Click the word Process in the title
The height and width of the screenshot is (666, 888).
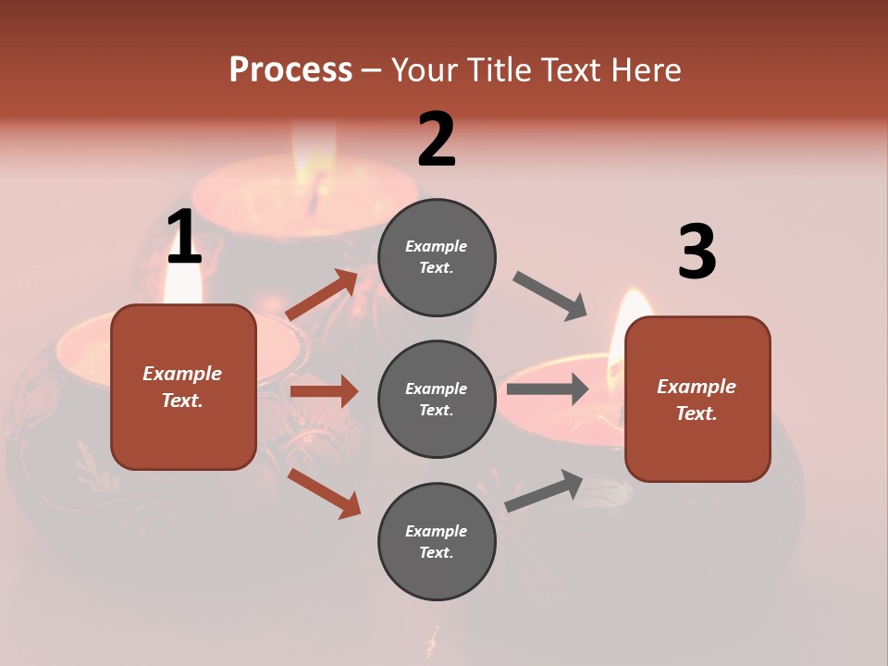(290, 70)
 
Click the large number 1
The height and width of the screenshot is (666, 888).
(184, 238)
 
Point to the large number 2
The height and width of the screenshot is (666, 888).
(437, 140)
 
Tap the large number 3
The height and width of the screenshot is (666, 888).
(697, 253)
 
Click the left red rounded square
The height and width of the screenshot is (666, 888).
(183, 387)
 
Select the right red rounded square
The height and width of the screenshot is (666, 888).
(697, 399)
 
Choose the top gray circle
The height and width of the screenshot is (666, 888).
(437, 257)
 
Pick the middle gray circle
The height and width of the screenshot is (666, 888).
(437, 399)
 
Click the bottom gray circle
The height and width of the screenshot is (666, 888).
(437, 541)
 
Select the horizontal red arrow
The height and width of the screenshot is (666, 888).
(324, 391)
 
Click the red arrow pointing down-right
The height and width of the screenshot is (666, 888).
(325, 492)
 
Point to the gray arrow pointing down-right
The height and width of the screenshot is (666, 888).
(550, 295)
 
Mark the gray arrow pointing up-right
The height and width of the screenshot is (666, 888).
(544, 491)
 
